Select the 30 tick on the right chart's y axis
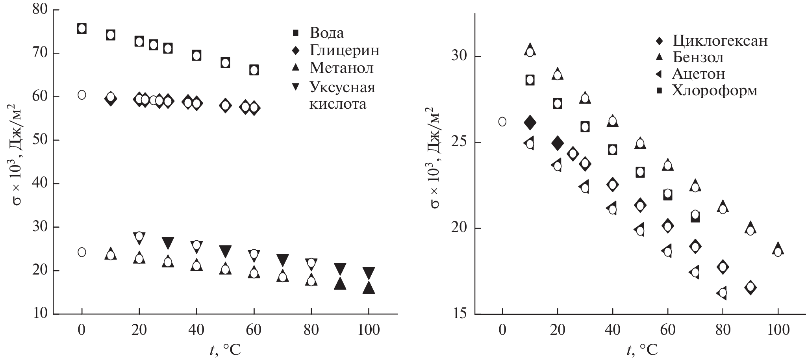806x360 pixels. click(x=460, y=56)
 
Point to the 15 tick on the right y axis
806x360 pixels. click(x=460, y=314)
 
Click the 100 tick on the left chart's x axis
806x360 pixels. click(x=368, y=330)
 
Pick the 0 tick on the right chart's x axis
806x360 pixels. click(x=502, y=330)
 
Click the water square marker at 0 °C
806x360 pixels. click(x=82, y=29)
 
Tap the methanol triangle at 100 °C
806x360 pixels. click(x=369, y=288)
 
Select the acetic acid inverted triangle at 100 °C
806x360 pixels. click(x=369, y=273)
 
